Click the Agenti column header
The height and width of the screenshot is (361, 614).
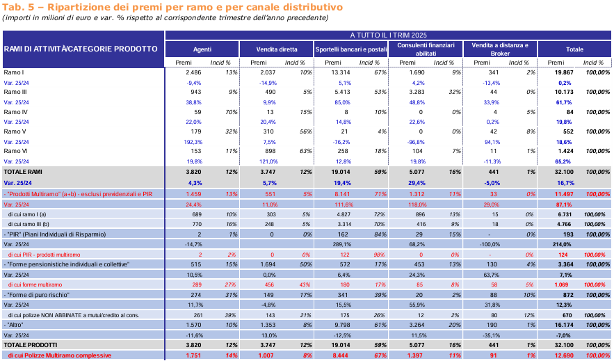point(202,49)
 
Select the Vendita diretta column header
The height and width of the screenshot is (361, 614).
point(277,49)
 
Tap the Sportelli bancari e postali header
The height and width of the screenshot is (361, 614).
point(351,49)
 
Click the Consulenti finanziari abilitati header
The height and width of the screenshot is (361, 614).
point(426,49)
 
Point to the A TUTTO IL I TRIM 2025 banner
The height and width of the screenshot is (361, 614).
point(389,35)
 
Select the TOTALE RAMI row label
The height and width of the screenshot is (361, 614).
point(23,172)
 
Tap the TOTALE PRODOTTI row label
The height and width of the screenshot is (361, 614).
point(30,345)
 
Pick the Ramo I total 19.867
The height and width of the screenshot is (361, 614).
point(564,72)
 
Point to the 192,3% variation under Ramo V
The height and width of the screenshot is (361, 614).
point(193,142)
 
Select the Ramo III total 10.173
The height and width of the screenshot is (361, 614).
point(564,92)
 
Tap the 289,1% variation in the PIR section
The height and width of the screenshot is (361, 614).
point(342,244)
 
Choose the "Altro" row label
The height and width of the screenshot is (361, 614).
point(14,325)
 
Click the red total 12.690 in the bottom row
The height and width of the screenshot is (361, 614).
point(564,355)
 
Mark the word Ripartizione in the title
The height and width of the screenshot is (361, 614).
point(78,7)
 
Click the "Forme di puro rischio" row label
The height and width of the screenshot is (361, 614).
point(36,295)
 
